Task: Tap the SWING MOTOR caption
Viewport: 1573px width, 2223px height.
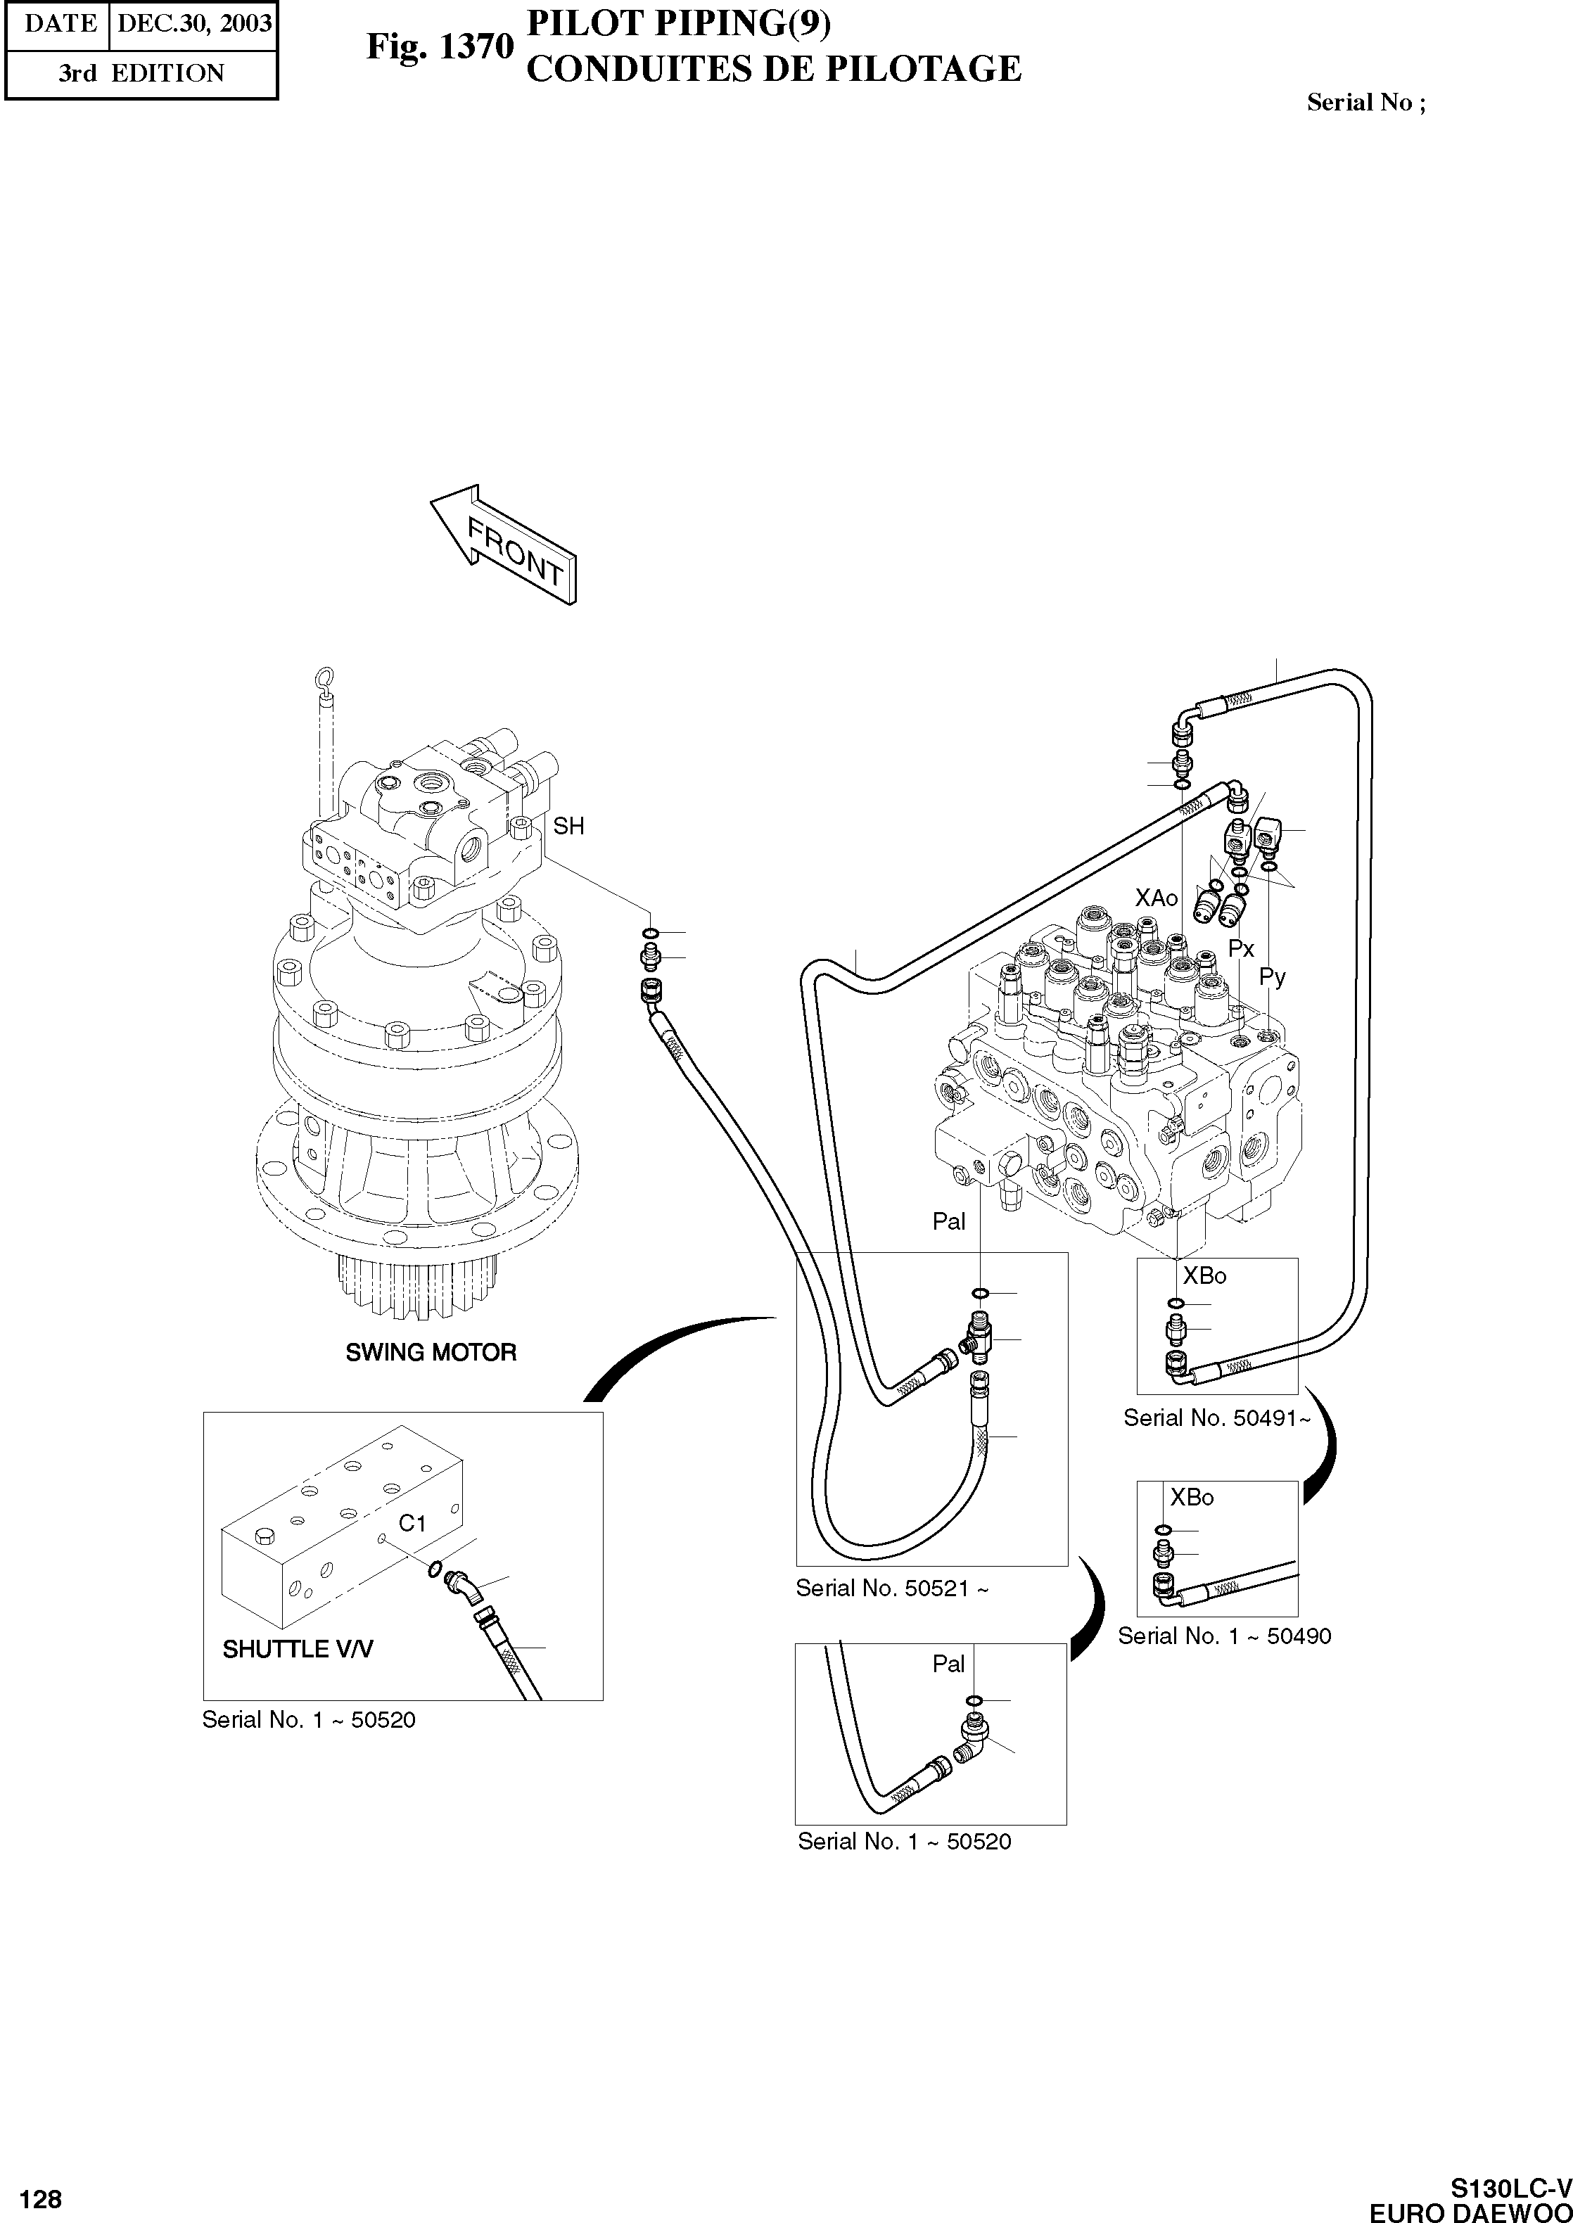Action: pos(431,1352)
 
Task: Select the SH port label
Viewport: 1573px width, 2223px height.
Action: pos(568,827)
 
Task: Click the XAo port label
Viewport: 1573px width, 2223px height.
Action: pos(1157,898)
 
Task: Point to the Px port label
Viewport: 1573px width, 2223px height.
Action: pos(1241,948)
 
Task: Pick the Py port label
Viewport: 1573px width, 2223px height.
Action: pos(1272,977)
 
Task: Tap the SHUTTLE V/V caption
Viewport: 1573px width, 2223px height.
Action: pos(298,1648)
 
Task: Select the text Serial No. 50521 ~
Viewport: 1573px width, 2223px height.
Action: pos(892,1588)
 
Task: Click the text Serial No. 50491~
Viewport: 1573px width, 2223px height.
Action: pos(1216,1418)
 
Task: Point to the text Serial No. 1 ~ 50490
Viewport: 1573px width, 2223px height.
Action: pos(1224,1636)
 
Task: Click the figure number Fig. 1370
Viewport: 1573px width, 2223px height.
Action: pos(440,46)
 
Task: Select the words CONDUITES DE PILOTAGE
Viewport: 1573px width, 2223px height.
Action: pos(773,69)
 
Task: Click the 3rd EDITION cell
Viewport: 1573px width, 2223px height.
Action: pos(141,74)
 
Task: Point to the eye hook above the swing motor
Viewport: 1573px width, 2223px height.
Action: pos(326,681)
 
